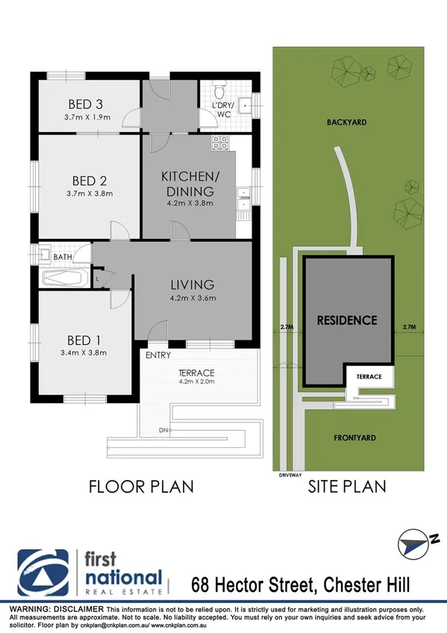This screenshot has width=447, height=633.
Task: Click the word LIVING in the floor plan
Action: tap(192, 284)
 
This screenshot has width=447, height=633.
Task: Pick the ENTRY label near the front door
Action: tap(158, 355)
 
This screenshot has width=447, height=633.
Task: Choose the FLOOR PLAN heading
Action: tap(141, 487)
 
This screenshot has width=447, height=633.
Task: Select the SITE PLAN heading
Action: tap(347, 487)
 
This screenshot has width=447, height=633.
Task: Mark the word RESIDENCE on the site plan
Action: tap(347, 320)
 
